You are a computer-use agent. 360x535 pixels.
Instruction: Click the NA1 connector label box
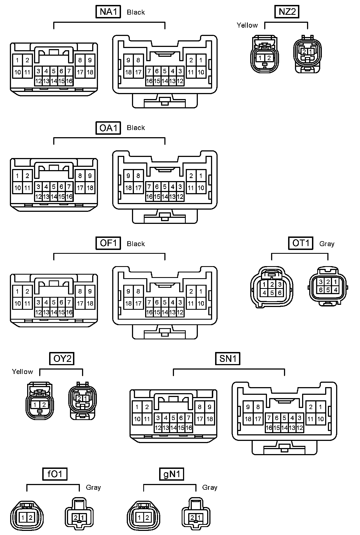coord(108,12)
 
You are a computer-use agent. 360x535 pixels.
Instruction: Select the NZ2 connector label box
coord(287,12)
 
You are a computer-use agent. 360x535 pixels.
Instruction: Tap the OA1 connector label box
coord(108,128)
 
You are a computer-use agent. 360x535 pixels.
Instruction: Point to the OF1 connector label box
coord(108,243)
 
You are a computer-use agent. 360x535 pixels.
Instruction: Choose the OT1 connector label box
coord(301,243)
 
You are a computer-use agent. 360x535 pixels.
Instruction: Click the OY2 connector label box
coord(62,359)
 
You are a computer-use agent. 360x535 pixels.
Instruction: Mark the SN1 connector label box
coord(228,359)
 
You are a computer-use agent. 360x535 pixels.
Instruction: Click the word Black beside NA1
coord(136,12)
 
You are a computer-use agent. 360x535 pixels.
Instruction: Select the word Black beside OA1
coord(136,128)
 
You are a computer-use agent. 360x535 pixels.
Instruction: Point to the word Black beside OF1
coord(136,244)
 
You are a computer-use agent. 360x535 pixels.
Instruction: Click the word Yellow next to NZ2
coord(247,26)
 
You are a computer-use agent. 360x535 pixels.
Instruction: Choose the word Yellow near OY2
coord(22,372)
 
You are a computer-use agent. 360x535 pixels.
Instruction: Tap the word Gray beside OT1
coord(327,244)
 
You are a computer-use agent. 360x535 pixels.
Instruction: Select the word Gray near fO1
coord(93,488)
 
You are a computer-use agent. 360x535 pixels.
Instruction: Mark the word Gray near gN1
coord(210,488)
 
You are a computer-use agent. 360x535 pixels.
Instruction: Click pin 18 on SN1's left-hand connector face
coord(210,419)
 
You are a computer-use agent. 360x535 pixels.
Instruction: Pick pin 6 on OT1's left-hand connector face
coord(280,293)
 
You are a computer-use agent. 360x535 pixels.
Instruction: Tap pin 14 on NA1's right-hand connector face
coord(165,81)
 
